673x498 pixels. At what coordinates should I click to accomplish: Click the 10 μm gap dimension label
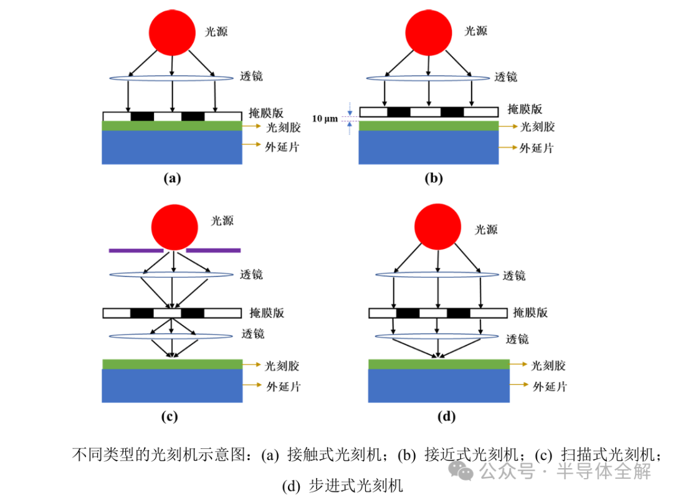(325, 118)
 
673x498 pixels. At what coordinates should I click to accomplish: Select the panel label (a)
(172, 179)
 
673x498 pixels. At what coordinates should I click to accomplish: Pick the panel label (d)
(447, 416)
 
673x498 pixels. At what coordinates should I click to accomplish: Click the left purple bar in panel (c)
(136, 250)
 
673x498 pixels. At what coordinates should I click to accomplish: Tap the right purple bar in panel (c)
(213, 250)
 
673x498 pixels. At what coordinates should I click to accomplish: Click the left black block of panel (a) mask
(142, 116)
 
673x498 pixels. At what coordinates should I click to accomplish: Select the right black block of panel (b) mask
(452, 112)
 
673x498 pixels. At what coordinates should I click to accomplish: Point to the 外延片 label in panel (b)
(537, 148)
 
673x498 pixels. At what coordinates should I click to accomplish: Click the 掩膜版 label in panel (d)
(530, 312)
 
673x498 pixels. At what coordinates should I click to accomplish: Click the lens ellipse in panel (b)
(427, 78)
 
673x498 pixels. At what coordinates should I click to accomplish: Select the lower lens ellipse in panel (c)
(173, 337)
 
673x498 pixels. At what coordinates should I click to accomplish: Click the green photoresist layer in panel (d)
(438, 364)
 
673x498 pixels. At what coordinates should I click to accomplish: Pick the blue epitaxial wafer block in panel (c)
(172, 386)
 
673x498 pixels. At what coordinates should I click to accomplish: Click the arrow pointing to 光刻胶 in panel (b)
(508, 127)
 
